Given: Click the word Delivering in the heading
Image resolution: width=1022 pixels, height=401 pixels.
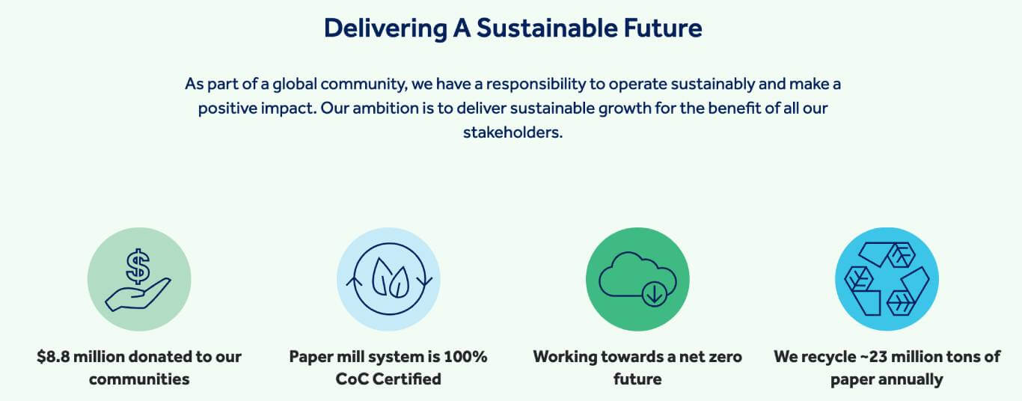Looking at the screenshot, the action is (385, 28).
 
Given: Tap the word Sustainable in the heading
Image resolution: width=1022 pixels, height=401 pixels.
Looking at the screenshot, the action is (547, 28).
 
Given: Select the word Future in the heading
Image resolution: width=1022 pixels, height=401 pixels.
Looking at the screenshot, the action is (663, 28).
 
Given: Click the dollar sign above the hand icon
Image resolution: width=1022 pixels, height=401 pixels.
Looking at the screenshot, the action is (138, 266).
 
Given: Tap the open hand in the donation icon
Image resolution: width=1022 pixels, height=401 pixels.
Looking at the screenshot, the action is (138, 296).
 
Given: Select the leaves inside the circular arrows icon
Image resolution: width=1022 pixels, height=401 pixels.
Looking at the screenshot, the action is (390, 278).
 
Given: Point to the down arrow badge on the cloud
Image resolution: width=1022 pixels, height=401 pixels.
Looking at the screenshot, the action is (654, 295).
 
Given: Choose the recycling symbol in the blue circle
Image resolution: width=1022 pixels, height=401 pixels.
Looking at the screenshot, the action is (887, 279).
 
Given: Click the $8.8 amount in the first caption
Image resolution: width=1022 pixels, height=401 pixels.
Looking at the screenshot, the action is (53, 357).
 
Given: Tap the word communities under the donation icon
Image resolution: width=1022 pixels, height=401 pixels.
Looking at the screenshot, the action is (139, 379).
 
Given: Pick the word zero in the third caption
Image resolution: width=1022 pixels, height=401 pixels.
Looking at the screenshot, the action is (722, 357).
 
